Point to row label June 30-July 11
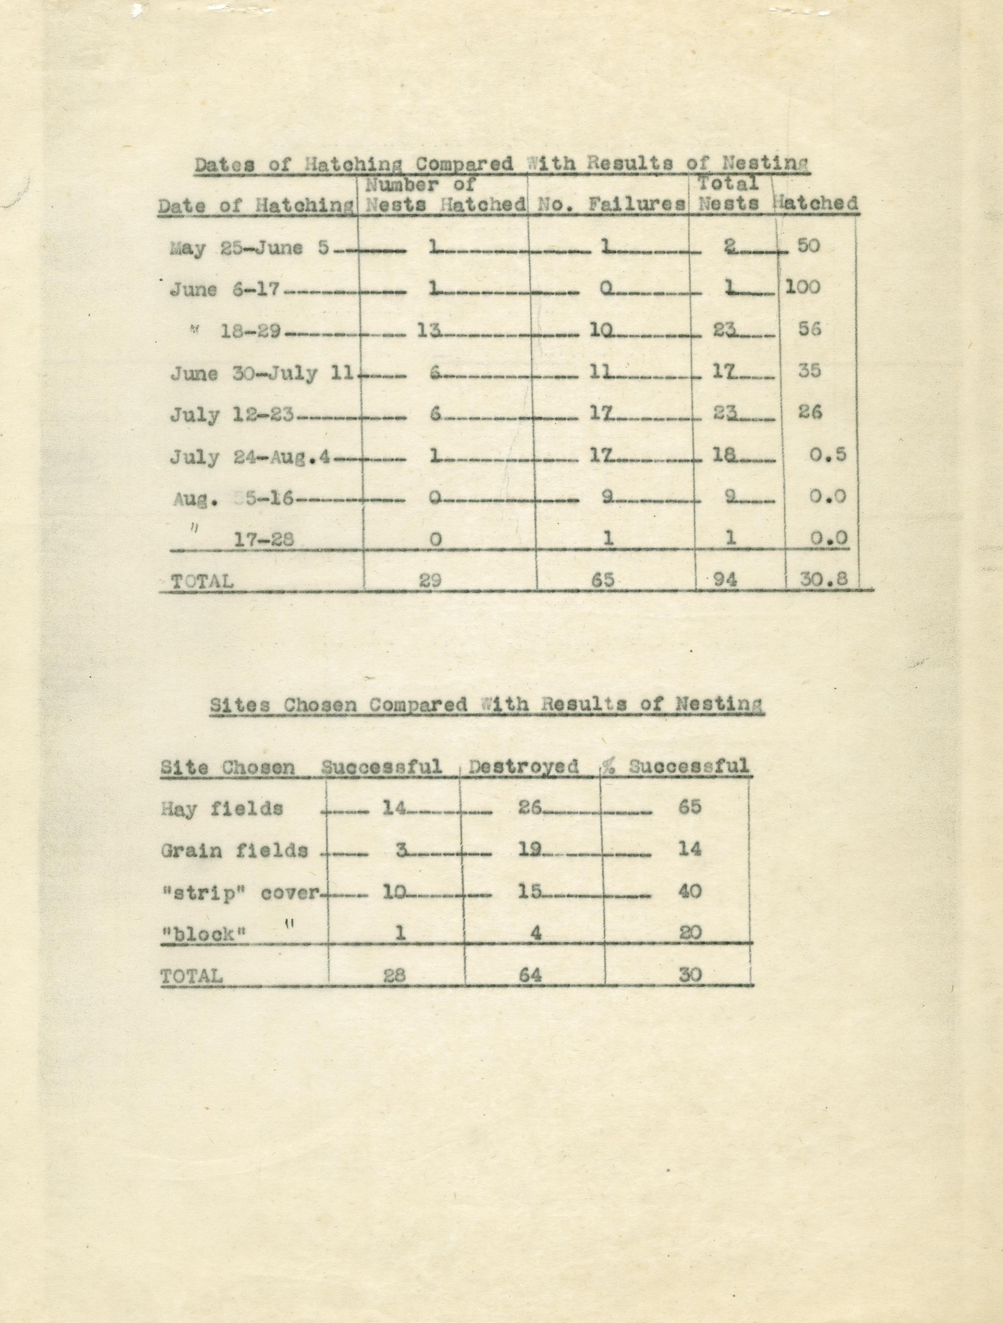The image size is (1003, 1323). (262, 374)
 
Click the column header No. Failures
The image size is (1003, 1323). (611, 204)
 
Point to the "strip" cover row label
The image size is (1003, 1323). (241, 892)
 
